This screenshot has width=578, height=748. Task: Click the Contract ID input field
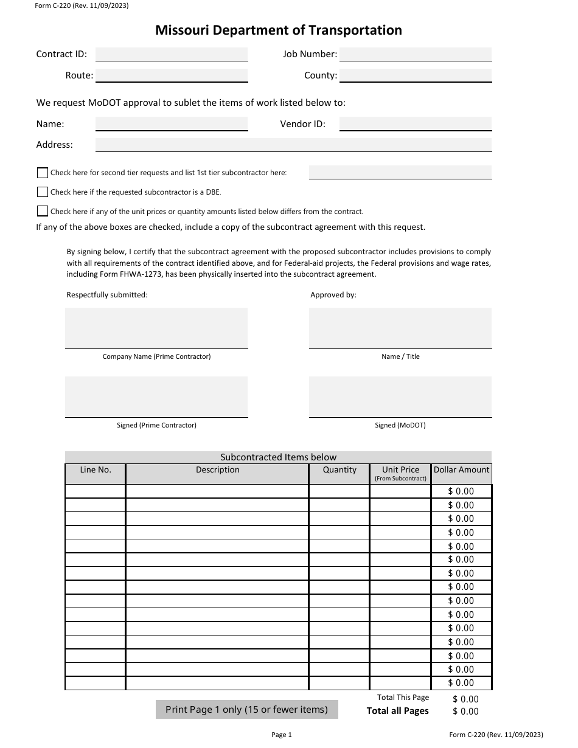pyautogui.click(x=172, y=54)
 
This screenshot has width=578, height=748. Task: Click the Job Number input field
pyautogui.click(x=415, y=54)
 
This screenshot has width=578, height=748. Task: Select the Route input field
pyautogui.click(x=172, y=75)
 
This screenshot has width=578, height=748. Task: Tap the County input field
pyautogui.click(x=415, y=75)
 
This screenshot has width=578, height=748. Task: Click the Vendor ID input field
pyautogui.click(x=415, y=123)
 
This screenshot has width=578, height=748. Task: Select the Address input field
pyautogui.click(x=293, y=145)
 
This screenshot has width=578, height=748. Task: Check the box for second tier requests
pyautogui.click(x=43, y=173)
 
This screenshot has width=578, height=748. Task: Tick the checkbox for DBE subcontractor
pyautogui.click(x=43, y=192)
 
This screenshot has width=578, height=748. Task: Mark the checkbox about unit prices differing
pyautogui.click(x=43, y=212)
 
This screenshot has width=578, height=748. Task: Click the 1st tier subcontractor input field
pyautogui.click(x=400, y=172)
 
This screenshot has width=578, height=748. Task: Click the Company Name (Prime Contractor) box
pyautogui.click(x=156, y=328)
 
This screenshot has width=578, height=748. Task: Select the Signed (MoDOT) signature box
pyautogui.click(x=400, y=397)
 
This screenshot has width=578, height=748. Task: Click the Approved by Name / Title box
pyautogui.click(x=400, y=328)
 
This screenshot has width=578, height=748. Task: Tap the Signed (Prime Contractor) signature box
pyautogui.click(x=156, y=397)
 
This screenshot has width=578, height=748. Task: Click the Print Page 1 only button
pyautogui.click(x=246, y=709)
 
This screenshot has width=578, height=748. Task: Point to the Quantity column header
pyautogui.click(x=339, y=470)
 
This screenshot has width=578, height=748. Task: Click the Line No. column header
pyautogui.click(x=96, y=470)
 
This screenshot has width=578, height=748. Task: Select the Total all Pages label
pyautogui.click(x=397, y=711)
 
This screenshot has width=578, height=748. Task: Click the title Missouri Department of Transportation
pyautogui.click(x=279, y=30)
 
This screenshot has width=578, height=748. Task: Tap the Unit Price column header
pyautogui.click(x=400, y=470)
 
